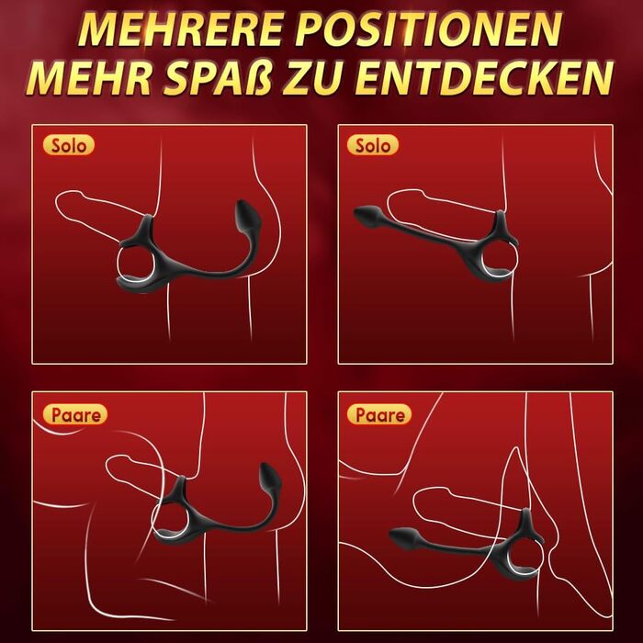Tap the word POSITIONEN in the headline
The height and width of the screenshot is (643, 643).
429,29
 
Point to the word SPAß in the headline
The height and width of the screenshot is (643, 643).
219,78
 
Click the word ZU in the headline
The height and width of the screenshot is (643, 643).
311,78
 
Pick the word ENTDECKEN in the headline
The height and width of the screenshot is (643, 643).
484,78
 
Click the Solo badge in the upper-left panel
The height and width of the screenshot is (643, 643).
69,145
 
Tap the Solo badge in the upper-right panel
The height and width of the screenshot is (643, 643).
372,145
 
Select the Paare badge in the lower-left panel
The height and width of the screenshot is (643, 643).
75,414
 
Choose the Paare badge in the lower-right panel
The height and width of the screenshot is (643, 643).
378,414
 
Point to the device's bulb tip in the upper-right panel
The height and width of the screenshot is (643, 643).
367,214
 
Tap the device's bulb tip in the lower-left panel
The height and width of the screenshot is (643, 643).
270,478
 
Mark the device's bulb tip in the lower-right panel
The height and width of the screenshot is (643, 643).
403,536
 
